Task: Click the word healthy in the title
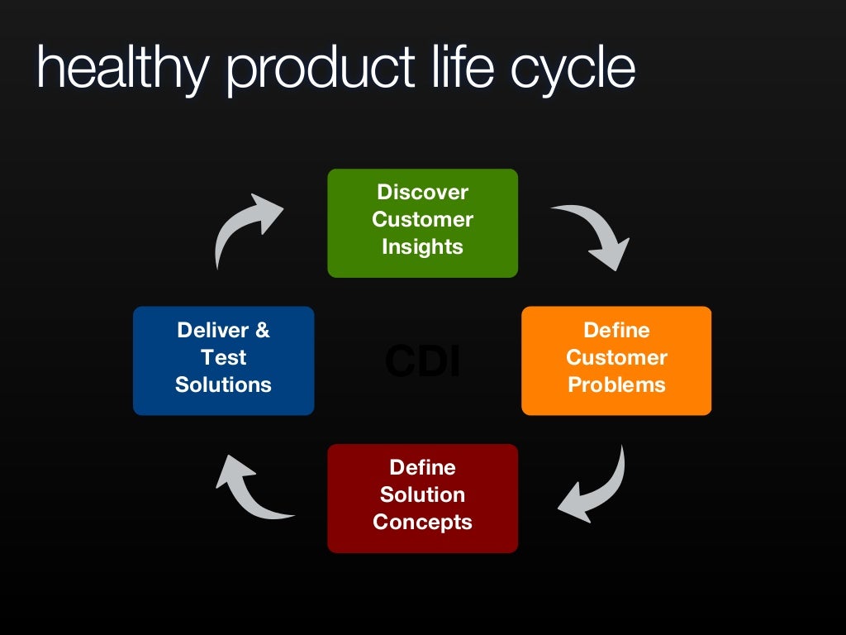coord(121,67)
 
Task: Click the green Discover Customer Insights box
coord(422,222)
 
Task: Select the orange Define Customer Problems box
coord(616,360)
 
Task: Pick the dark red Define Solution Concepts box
coord(422,498)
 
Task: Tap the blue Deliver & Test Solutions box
coord(223,360)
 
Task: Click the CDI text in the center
coord(422,362)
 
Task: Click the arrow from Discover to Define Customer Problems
coord(596,232)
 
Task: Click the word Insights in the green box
coord(422,246)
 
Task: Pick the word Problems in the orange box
coord(616,384)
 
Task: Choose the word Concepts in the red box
coord(422,522)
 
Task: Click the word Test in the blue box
coord(223,357)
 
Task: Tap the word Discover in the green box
coord(422,192)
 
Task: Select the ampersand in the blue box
coord(262,330)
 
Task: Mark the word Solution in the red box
coord(422,494)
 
